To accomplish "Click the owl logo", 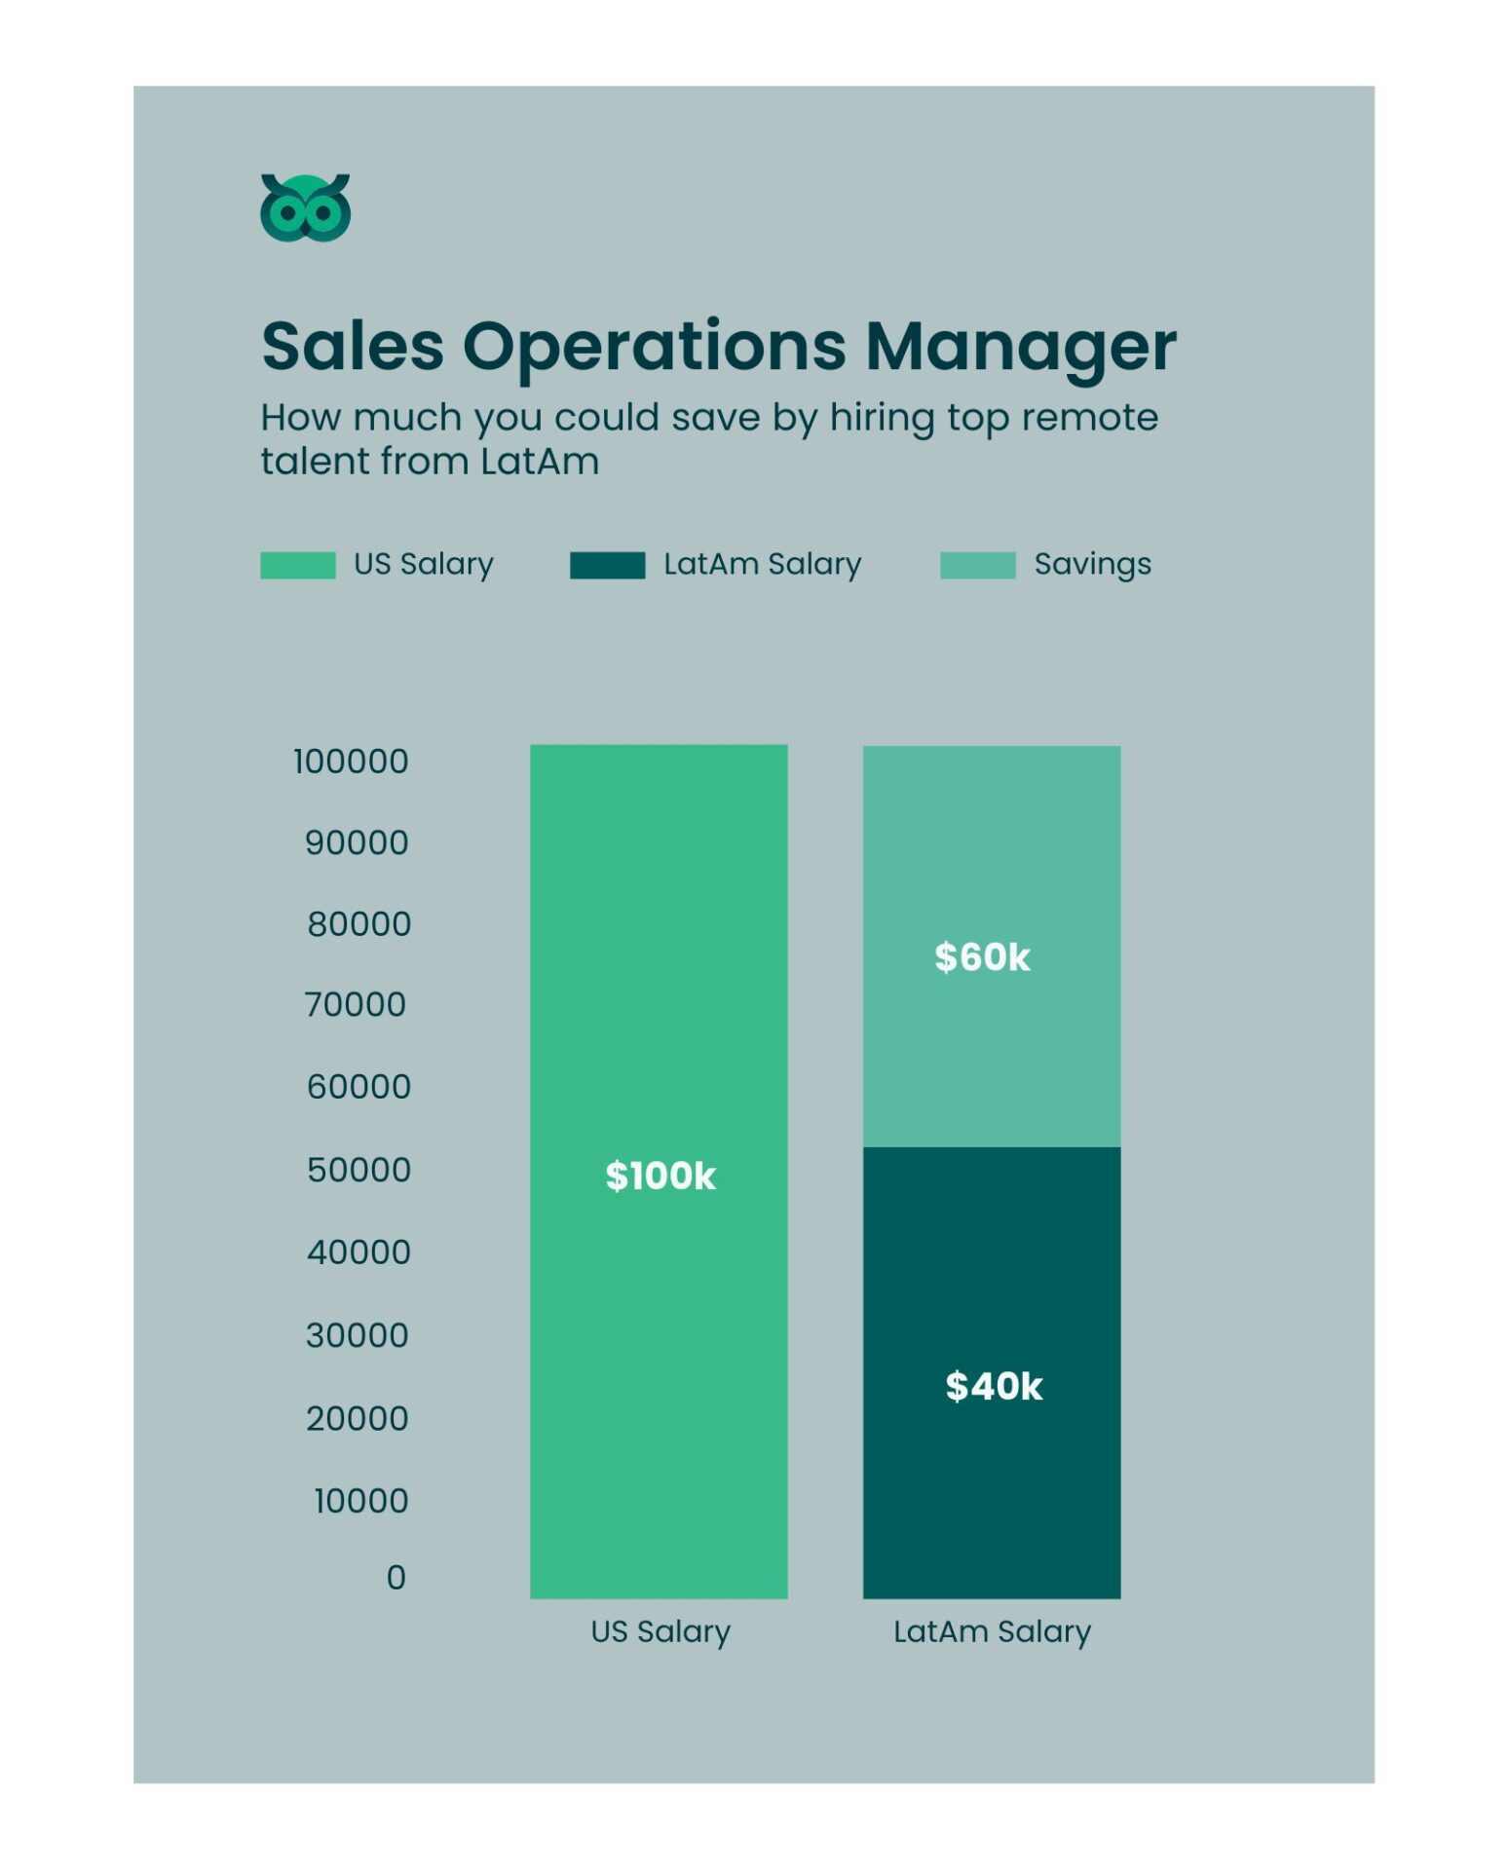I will pos(305,207).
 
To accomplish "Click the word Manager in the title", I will pos(1020,347).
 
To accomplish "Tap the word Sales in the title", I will pos(352,347).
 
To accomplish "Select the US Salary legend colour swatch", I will pos(297,565).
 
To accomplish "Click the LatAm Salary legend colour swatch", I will pos(607,565).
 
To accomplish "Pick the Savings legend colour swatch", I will pos(977,565).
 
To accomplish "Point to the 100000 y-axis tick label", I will pos(351,762).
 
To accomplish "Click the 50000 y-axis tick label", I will pos(358,1170).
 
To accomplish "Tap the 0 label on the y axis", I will pos(396,1577).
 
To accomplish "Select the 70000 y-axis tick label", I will pos(355,1005).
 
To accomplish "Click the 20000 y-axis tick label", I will pos(357,1419).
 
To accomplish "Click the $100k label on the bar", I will pos(660,1177).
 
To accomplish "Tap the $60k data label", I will pos(982,957).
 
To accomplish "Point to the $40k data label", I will pos(994,1386).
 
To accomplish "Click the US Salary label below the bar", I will pos(660,1631).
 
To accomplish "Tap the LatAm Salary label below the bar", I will pos(992,1631).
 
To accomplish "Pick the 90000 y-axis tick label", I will pos(357,843).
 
